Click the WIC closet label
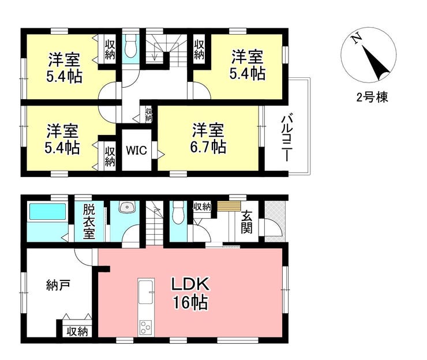(x=137, y=151)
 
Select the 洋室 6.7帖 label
(x=208, y=138)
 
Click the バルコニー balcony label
(x=287, y=138)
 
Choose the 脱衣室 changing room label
(x=88, y=222)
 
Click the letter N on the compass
(x=358, y=39)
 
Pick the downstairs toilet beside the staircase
(x=178, y=212)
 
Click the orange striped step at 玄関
(x=230, y=206)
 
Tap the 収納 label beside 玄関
(x=202, y=207)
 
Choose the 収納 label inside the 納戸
(x=76, y=331)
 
